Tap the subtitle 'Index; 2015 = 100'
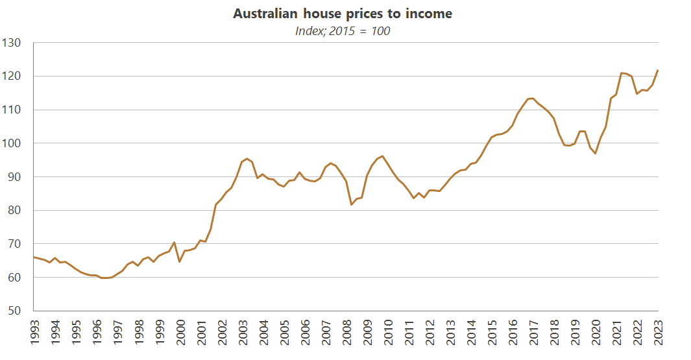(343, 30)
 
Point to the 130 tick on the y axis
(12, 43)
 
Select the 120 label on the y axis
(12, 77)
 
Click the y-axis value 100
(12, 143)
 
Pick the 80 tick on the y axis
(15, 210)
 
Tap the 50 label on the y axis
(15, 311)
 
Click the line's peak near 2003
(247, 158)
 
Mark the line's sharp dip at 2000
(180, 261)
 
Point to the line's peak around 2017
(532, 98)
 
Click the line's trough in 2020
(596, 153)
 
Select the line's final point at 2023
(658, 70)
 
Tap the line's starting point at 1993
(33, 257)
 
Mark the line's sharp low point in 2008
(352, 205)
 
